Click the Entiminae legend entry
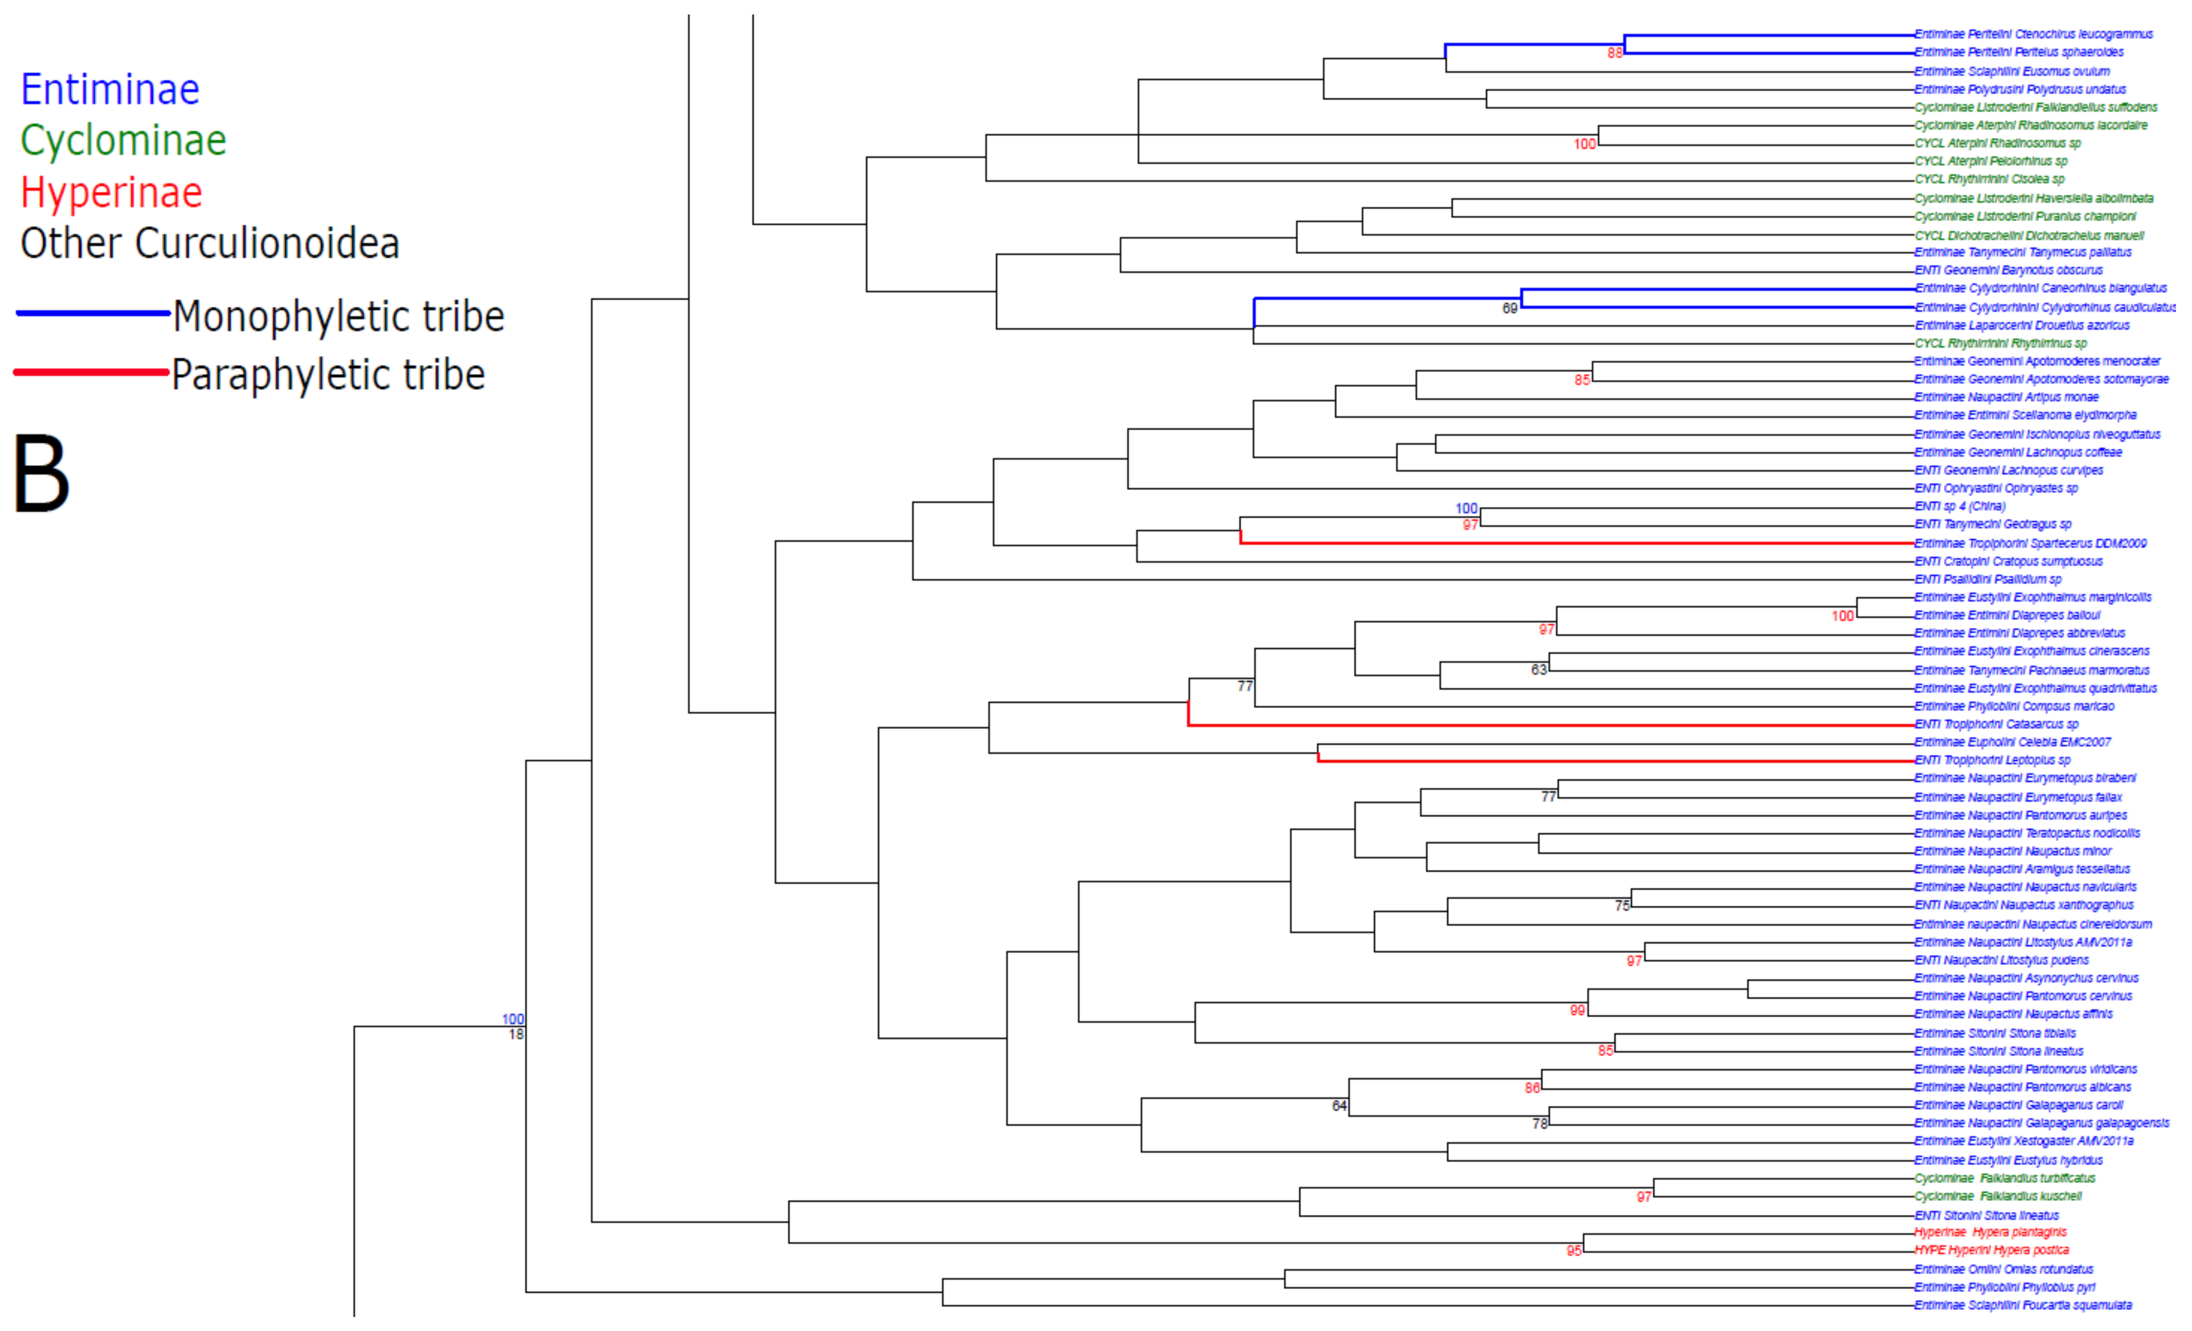coord(110,90)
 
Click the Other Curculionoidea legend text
coord(210,244)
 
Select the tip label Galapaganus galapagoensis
coord(2042,1123)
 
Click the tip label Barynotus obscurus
coord(2009,269)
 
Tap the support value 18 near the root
coord(516,1035)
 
